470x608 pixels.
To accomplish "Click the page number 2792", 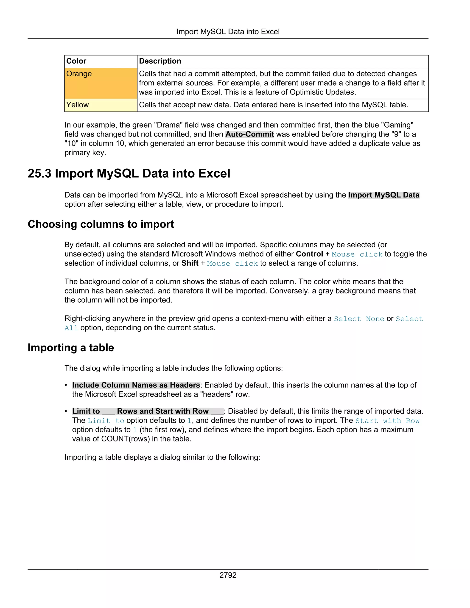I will pyautogui.click(x=228, y=575).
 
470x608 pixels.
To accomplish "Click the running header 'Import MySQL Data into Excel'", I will pyautogui.click(x=228, y=32).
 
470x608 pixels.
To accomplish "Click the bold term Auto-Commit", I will pyautogui.click(x=249, y=134).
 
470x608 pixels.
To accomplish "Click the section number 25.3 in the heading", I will pyautogui.click(x=39, y=173).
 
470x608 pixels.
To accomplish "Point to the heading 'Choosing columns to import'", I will pyautogui.click(x=101, y=224).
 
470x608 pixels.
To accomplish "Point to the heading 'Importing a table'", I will pyautogui.click(x=71, y=348).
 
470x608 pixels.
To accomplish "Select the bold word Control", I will pyautogui.click(x=309, y=254).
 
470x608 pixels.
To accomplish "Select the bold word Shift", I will pyautogui.click(x=190, y=263).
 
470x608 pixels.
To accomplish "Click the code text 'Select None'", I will pyautogui.click(x=359, y=319).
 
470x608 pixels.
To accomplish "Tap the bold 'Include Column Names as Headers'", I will pyautogui.click(x=136, y=385).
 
